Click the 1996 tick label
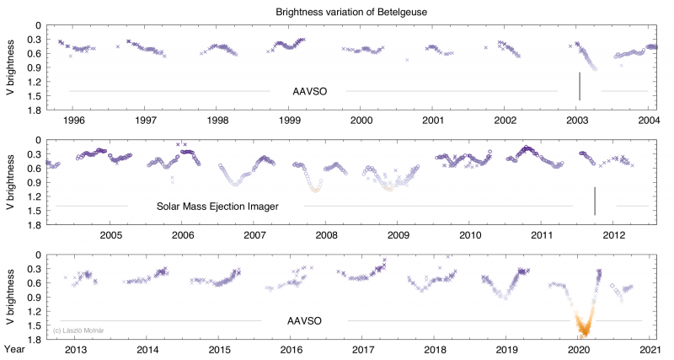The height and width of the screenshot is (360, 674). [72, 121]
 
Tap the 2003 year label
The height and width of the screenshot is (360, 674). [577, 121]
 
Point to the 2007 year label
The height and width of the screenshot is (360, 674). [254, 235]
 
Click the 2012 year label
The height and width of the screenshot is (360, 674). [613, 235]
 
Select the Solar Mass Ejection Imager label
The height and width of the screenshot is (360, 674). [217, 206]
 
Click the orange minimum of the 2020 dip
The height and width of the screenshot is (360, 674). [580, 333]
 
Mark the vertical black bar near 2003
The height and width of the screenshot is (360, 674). [580, 86]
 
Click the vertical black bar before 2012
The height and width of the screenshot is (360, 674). [595, 201]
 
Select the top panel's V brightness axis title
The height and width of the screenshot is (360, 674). [10, 67]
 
